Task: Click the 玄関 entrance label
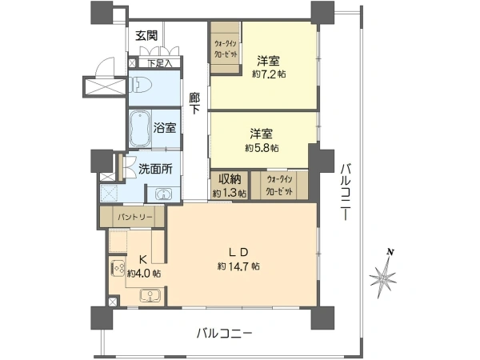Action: [x=146, y=36]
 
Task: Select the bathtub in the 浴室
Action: [x=140, y=129]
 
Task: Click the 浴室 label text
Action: [x=165, y=128]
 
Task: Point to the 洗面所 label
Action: [x=155, y=169]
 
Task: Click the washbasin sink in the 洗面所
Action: [x=163, y=194]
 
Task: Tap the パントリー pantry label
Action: [x=135, y=218]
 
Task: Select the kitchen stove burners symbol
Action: [x=118, y=268]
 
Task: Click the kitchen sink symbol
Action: [x=150, y=295]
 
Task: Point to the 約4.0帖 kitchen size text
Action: [x=144, y=274]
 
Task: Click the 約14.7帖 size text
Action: [x=238, y=266]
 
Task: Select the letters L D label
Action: [x=238, y=252]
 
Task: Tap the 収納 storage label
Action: [x=230, y=178]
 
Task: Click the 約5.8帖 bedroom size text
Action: [x=262, y=148]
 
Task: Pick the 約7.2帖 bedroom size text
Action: [x=269, y=74]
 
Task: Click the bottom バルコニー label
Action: [x=224, y=333]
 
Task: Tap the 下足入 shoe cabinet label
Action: [x=159, y=63]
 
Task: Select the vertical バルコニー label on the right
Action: [x=347, y=192]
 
